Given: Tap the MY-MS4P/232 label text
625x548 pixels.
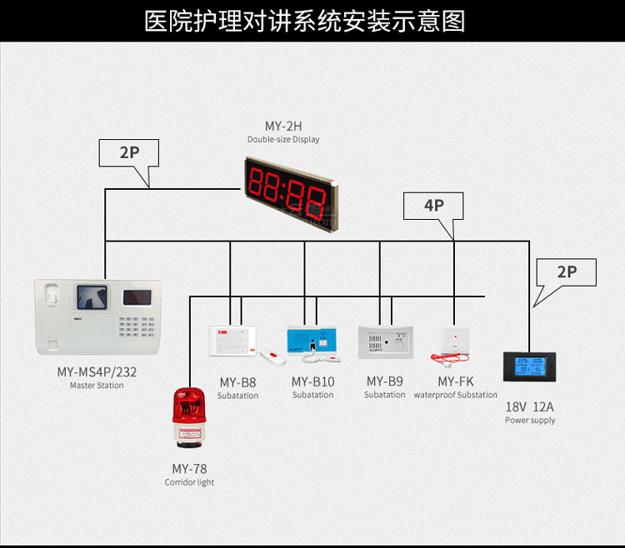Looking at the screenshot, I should tap(97, 372).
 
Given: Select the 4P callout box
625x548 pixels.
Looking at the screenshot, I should tap(433, 206).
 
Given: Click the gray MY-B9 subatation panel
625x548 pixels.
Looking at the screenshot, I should tap(386, 341).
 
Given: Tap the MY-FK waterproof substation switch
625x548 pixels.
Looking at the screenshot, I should tap(456, 340).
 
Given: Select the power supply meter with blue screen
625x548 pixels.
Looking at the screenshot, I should tap(529, 366).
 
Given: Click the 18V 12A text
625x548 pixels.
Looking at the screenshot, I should tap(529, 407).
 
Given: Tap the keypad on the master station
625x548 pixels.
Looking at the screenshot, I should tap(132, 326).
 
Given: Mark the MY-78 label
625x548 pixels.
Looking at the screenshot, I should tap(189, 469).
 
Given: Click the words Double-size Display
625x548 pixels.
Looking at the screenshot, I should tap(283, 140).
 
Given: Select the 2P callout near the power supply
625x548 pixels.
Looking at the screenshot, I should tap(567, 272).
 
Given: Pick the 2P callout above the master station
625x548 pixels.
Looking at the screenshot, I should tap(128, 152).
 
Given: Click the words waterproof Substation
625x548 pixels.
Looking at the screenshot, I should tap(456, 396).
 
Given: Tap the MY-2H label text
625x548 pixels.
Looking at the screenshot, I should tap(283, 127).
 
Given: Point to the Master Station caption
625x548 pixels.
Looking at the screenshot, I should tap(97, 386).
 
